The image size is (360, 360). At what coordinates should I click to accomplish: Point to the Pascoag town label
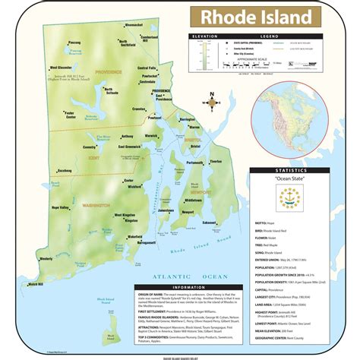[x=74, y=43]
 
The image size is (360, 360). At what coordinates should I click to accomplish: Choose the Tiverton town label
[x=216, y=162]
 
